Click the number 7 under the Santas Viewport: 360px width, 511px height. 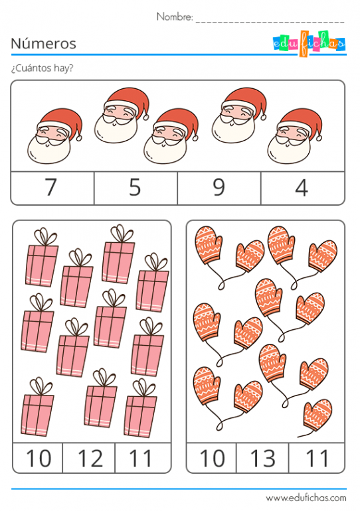[51, 188]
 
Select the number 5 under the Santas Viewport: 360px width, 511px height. [135, 188]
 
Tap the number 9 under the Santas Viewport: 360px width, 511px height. [219, 188]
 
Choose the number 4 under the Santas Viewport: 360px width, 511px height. [302, 188]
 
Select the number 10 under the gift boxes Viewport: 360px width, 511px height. [38, 458]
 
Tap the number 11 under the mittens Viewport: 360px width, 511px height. [316, 458]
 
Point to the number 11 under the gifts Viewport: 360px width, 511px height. [141, 458]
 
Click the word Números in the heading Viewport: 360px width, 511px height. [44, 44]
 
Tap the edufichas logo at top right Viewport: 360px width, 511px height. [310, 43]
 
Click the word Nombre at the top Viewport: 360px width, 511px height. [174, 17]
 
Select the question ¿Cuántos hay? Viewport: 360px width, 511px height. [42, 68]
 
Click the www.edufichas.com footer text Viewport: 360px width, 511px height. [306, 498]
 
